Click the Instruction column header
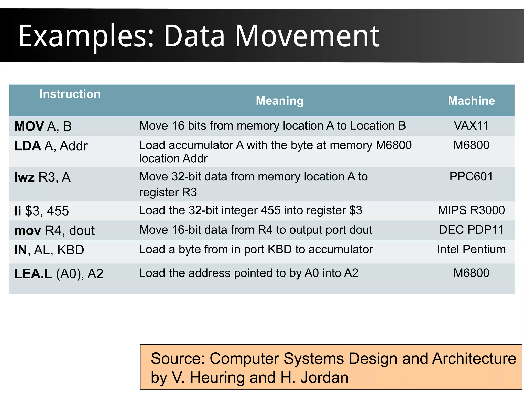(x=70, y=94)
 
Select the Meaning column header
(x=280, y=101)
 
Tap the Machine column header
(x=471, y=101)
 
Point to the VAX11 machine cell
(x=471, y=126)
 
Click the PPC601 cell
(x=471, y=177)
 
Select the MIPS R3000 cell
(x=471, y=210)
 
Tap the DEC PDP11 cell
(x=471, y=230)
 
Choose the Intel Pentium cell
(x=471, y=249)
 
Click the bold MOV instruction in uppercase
(x=29, y=126)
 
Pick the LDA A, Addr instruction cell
(x=51, y=146)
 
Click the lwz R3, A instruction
(x=42, y=177)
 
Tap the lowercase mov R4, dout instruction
(x=54, y=231)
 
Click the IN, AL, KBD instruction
(x=49, y=250)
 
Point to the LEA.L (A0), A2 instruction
(x=59, y=274)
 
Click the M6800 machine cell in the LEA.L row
(x=471, y=273)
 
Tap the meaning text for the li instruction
(x=250, y=210)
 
